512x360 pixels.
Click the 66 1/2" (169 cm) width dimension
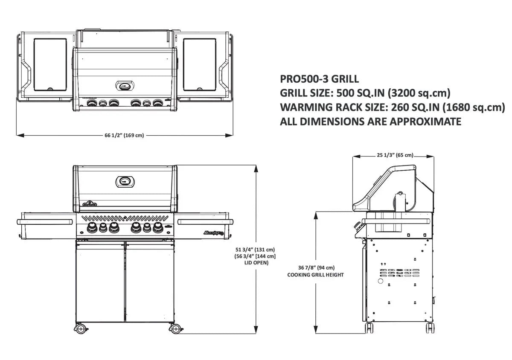[x=124, y=136]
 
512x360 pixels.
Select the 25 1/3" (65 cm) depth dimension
[x=395, y=156]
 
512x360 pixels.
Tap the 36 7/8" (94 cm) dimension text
[x=316, y=268]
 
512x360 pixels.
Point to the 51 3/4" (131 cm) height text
[x=255, y=250]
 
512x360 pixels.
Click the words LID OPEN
[x=255, y=263]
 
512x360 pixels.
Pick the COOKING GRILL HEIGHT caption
[x=316, y=275]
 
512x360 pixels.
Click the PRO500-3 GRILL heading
[x=319, y=79]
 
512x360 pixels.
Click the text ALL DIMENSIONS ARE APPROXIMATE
[x=370, y=122]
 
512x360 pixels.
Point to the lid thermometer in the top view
[x=125, y=86]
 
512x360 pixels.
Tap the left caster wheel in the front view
[x=80, y=328]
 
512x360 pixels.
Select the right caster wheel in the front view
[x=175, y=328]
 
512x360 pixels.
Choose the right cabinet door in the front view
[x=150, y=282]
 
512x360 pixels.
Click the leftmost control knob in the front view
[x=92, y=228]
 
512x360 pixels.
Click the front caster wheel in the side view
[x=369, y=328]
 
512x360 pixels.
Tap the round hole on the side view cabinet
[x=380, y=282]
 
